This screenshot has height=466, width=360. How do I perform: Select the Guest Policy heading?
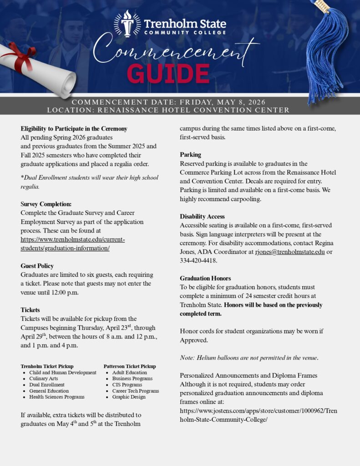click(37, 266)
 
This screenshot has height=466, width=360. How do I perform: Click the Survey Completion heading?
click(46, 204)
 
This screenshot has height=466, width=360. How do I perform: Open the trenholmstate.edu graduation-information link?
click(72, 243)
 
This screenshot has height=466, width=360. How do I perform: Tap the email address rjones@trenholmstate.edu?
click(290, 252)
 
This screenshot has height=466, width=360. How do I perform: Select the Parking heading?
click(190, 155)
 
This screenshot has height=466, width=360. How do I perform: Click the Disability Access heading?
click(202, 217)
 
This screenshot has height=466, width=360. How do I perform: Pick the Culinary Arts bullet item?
click(44, 378)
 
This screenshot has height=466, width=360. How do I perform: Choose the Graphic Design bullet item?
click(129, 397)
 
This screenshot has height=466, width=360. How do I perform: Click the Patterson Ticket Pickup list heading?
click(130, 366)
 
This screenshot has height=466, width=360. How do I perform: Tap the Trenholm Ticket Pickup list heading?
click(47, 366)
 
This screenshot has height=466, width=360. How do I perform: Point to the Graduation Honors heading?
click(205, 278)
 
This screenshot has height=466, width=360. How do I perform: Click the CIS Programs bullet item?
click(127, 385)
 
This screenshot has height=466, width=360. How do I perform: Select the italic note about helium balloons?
click(249, 358)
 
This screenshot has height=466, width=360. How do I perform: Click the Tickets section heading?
click(30, 310)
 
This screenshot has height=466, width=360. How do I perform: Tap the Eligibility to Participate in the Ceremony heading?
click(74, 128)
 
